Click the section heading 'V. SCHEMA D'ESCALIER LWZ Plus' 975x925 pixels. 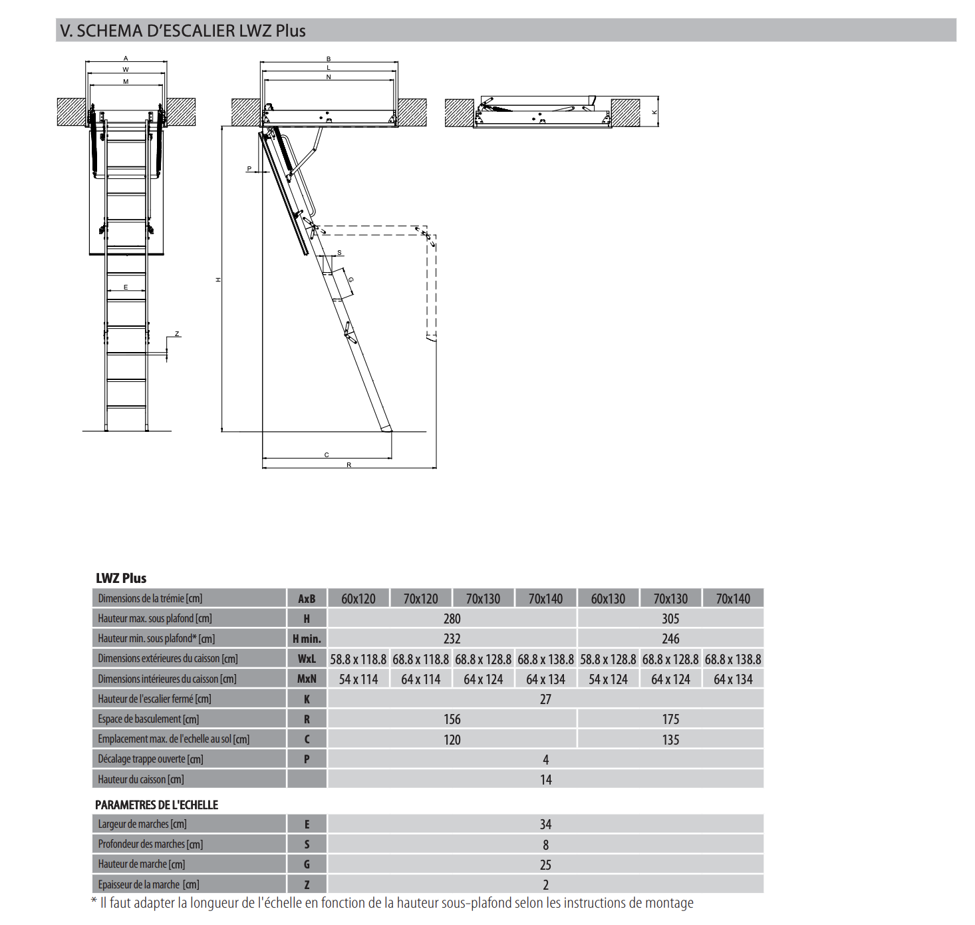click(183, 31)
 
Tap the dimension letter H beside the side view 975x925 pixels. click(218, 279)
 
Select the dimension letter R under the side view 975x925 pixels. click(348, 464)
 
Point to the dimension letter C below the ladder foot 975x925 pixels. click(327, 455)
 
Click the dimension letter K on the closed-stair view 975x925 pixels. click(654, 112)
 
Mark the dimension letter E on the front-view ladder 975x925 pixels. click(126, 287)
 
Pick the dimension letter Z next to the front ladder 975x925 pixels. click(177, 334)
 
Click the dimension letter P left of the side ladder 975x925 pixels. click(249, 168)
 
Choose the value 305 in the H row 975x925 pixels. click(670, 619)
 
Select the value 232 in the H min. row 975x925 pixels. click(452, 639)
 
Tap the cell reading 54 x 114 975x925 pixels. click(358, 679)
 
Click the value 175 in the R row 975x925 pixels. click(670, 719)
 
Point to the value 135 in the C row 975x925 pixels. click(670, 740)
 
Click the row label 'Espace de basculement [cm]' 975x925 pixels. click(148, 719)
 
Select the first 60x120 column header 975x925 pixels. click(358, 599)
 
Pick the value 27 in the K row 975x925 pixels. click(545, 699)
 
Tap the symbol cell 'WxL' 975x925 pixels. click(307, 659)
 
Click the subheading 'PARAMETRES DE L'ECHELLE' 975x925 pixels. click(156, 805)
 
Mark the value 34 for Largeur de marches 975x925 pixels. click(545, 825)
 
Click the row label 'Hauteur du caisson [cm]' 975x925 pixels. click(141, 779)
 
